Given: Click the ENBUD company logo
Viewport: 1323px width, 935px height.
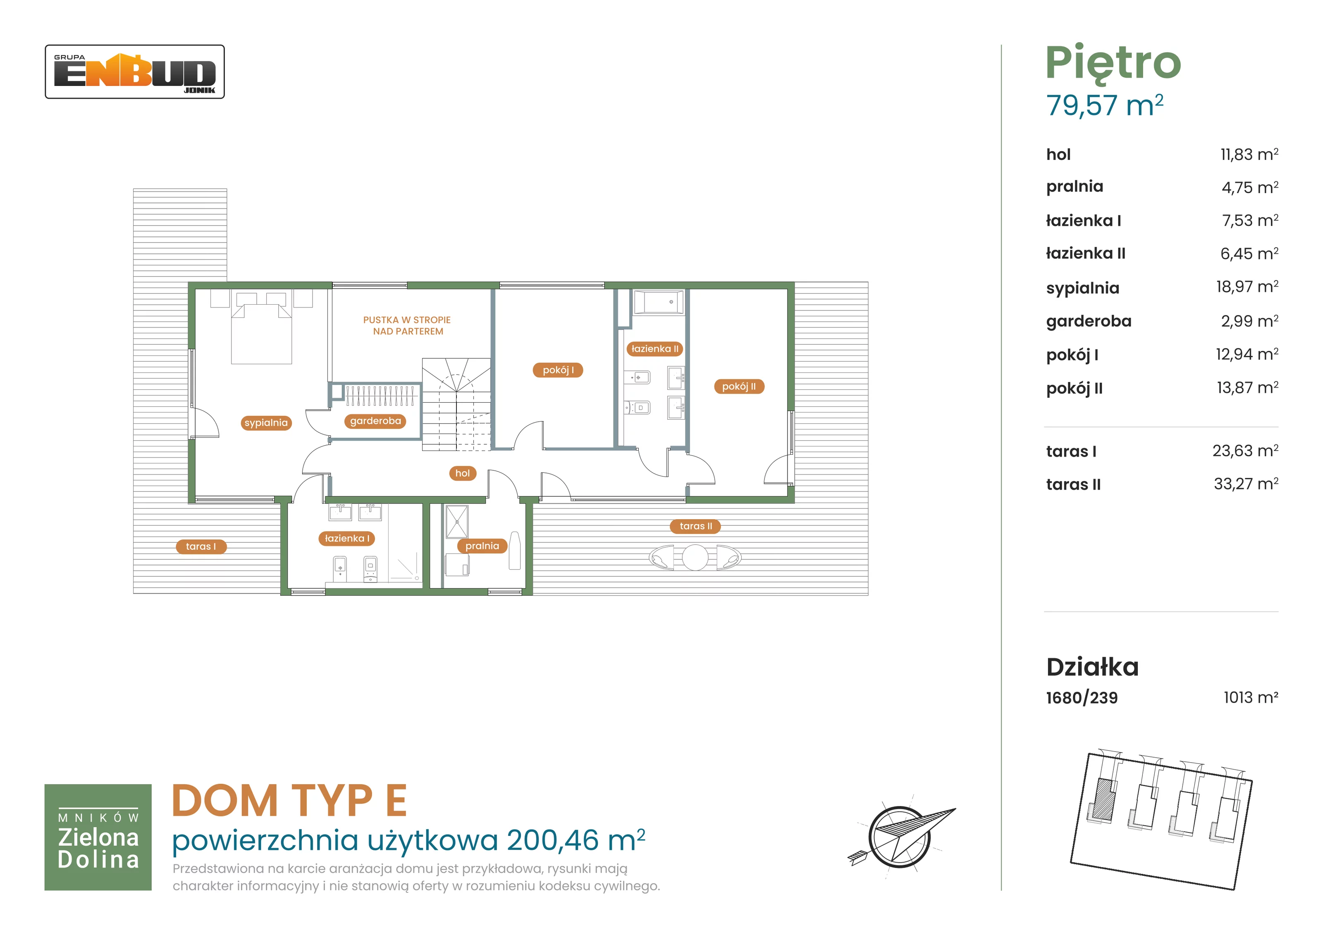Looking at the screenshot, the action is pyautogui.click(x=135, y=72).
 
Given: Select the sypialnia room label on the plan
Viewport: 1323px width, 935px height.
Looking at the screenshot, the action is pyautogui.click(x=266, y=423).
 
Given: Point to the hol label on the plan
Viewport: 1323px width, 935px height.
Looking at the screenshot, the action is pyautogui.click(x=462, y=474).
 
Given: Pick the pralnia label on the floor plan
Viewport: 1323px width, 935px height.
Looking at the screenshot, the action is pyautogui.click(x=482, y=546).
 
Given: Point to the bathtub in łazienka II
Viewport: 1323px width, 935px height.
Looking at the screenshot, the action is pyautogui.click(x=659, y=302).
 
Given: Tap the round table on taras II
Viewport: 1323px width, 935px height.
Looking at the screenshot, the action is pyautogui.click(x=695, y=558).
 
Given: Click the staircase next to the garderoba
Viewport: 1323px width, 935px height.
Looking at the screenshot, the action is pyautogui.click(x=456, y=404).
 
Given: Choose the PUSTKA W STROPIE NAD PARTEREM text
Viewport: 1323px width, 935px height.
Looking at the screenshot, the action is pyautogui.click(x=407, y=325).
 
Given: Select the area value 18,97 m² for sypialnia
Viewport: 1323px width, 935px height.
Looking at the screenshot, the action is pyautogui.click(x=1247, y=286).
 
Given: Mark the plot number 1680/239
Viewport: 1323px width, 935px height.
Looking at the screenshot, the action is pyautogui.click(x=1082, y=698).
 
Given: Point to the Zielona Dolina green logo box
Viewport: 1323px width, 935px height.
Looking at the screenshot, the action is pyautogui.click(x=98, y=837).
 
